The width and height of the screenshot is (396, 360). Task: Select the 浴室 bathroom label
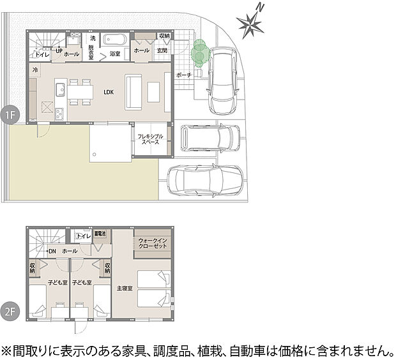(x=115, y=51)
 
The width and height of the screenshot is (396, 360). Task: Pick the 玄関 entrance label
(x=162, y=50)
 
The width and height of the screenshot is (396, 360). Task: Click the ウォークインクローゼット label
(x=152, y=243)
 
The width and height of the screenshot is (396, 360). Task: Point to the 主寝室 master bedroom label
(x=125, y=289)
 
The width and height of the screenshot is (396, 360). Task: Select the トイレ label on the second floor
(x=82, y=236)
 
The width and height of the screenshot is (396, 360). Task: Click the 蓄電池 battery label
(x=100, y=234)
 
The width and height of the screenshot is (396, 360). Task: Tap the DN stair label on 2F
(x=52, y=251)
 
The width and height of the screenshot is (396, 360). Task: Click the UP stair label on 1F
(x=59, y=50)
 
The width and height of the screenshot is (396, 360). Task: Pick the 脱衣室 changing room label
(x=93, y=51)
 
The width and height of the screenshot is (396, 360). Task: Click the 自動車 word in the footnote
(x=257, y=350)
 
